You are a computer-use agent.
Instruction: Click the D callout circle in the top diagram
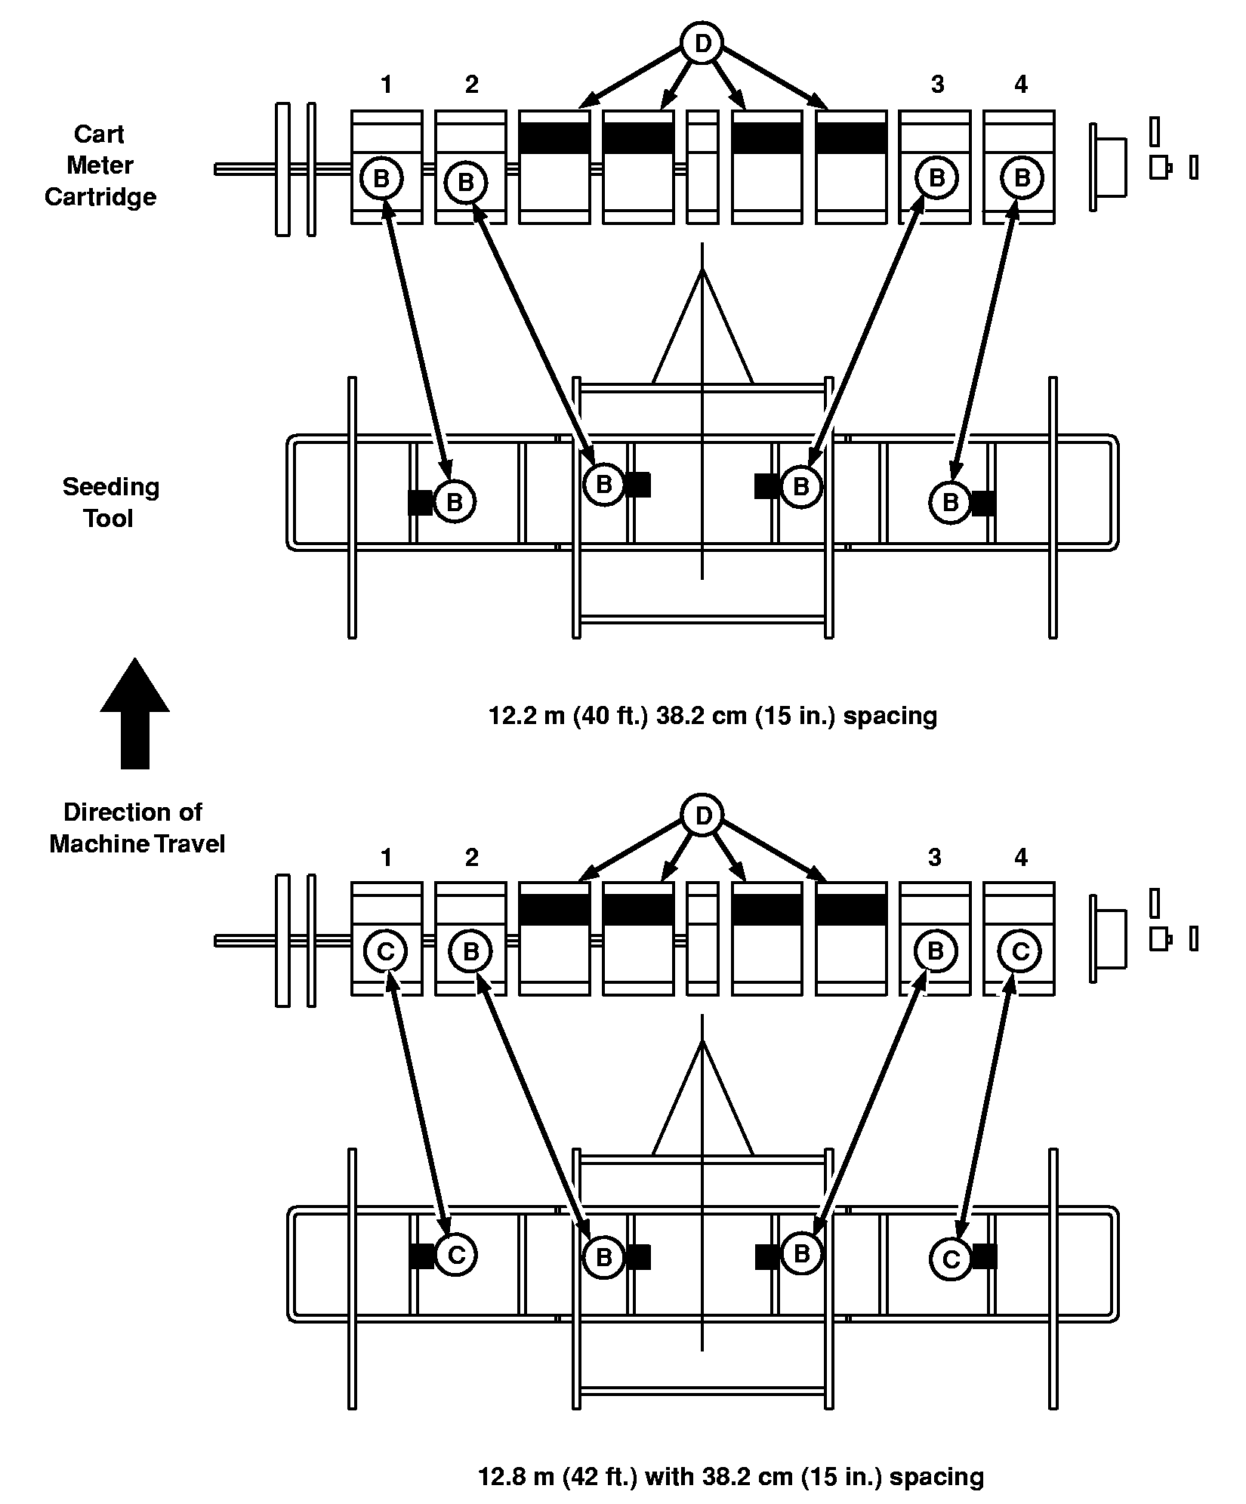[702, 45]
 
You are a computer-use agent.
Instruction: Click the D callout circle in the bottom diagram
[702, 816]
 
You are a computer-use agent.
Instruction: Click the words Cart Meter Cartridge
[100, 165]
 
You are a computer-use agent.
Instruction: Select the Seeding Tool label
[110, 502]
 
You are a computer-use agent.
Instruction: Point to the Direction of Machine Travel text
[136, 828]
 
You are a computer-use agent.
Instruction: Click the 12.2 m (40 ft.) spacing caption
[713, 715]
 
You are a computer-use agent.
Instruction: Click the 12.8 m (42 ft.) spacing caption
[731, 1476]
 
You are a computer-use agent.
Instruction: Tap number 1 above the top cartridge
[387, 85]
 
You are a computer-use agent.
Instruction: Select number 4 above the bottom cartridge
[1021, 857]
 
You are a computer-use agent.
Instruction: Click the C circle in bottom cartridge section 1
[385, 951]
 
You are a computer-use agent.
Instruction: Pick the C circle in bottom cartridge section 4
[1020, 951]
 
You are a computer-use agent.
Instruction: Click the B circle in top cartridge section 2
[466, 182]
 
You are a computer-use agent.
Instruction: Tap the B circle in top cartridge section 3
[936, 178]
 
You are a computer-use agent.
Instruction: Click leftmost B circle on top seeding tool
[454, 502]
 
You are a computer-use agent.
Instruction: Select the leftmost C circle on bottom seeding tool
[455, 1255]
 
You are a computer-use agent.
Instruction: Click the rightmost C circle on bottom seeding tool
[951, 1259]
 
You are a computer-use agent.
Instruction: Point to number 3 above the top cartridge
[937, 85]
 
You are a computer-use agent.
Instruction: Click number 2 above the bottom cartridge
[472, 857]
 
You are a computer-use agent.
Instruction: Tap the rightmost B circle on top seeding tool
[950, 502]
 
